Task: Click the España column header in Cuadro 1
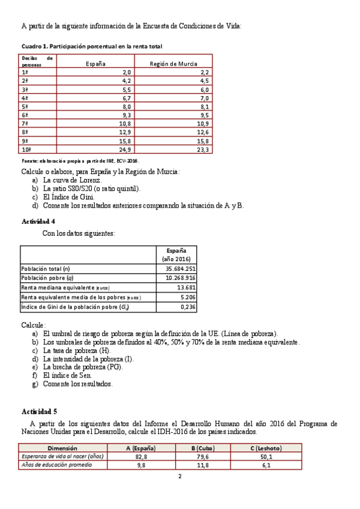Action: click(96, 63)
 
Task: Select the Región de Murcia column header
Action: click(173, 63)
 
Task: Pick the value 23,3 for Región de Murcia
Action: click(203, 149)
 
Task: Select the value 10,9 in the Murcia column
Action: click(202, 123)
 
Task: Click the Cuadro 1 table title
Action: click(91, 46)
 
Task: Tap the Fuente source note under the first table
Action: click(80, 161)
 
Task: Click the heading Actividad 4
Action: click(39, 221)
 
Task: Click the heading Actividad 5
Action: click(39, 411)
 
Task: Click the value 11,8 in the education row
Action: click(204, 465)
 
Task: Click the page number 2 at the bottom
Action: click(179, 477)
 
